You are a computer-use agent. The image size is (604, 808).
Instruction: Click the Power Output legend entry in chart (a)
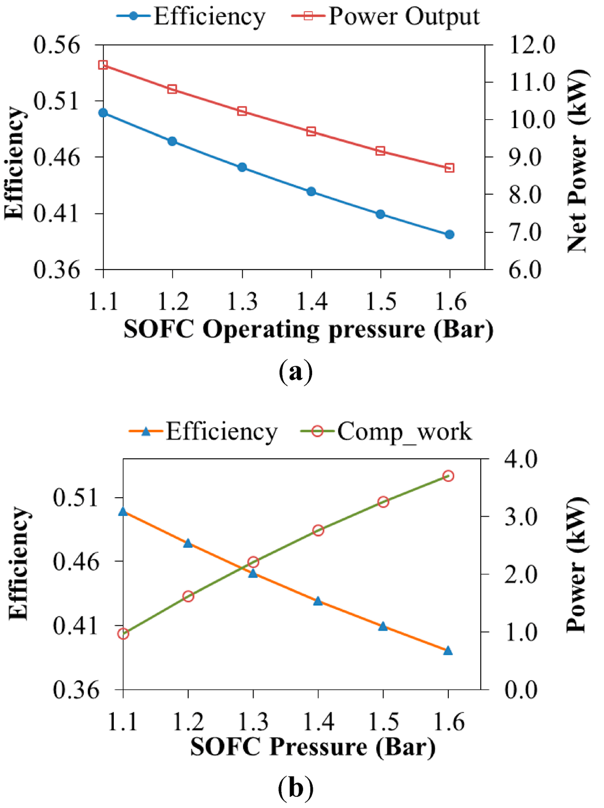point(386,17)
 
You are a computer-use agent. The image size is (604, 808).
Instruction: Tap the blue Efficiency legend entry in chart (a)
point(192,17)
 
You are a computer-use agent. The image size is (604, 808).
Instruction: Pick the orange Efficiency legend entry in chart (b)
point(203,432)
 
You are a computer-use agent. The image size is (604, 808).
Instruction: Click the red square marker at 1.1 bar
point(103,65)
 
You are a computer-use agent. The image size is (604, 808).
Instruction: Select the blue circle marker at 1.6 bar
point(449,235)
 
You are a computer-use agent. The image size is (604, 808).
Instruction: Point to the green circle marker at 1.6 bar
point(448,476)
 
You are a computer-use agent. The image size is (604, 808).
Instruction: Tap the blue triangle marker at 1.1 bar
point(123,511)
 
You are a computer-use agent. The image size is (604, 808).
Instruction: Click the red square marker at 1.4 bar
point(311,132)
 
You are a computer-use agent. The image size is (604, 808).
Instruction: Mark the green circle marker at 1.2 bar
point(188,596)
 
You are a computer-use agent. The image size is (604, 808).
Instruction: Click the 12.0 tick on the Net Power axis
point(532,45)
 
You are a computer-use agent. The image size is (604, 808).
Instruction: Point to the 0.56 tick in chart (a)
point(57,45)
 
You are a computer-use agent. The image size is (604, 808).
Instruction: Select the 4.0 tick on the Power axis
point(521,459)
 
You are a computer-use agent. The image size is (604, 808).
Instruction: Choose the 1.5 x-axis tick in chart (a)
point(381,301)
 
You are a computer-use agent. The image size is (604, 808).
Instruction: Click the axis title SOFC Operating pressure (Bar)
point(308,329)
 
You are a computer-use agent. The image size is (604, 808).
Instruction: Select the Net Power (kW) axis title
point(577,161)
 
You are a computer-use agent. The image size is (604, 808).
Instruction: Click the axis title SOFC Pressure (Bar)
point(313,747)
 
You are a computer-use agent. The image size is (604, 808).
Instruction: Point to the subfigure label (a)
point(295,372)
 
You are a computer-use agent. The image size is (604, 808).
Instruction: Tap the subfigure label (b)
point(295,788)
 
